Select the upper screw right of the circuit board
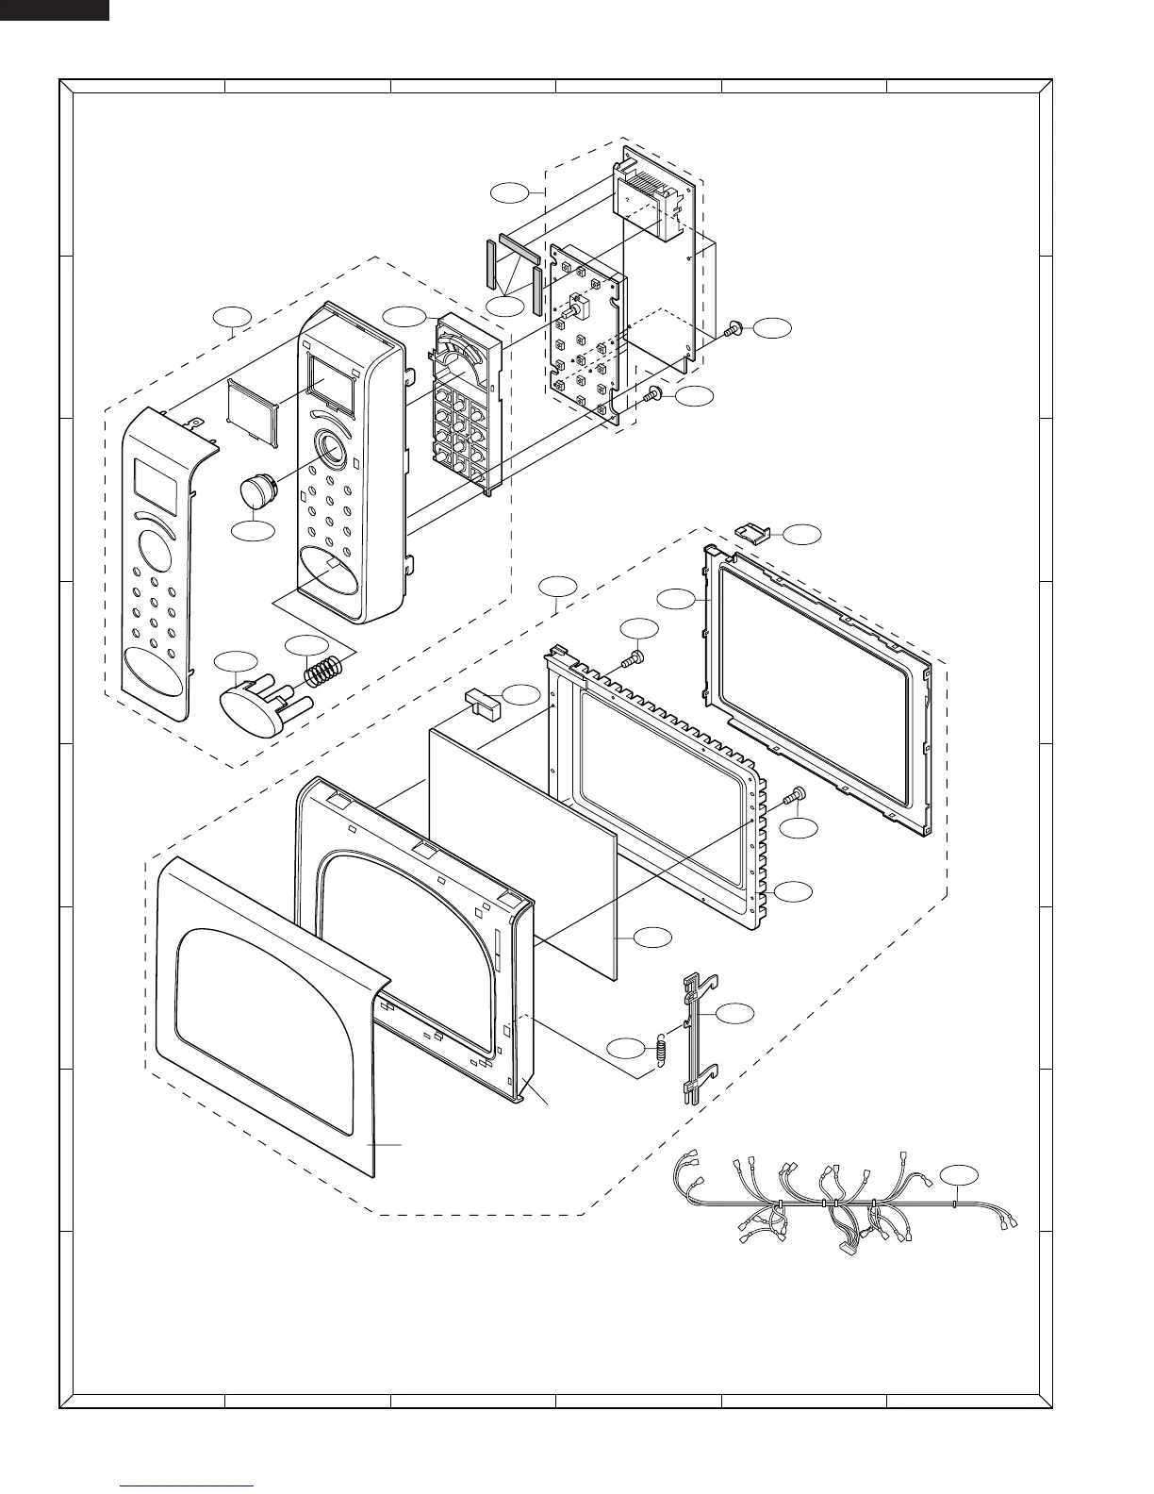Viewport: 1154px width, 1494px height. coord(734,329)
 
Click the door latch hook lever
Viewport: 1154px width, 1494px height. coord(695,1037)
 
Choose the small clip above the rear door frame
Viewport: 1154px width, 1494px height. coord(751,534)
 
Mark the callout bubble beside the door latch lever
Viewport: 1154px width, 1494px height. coord(735,1013)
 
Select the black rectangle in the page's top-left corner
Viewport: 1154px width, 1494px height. coord(54,9)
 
